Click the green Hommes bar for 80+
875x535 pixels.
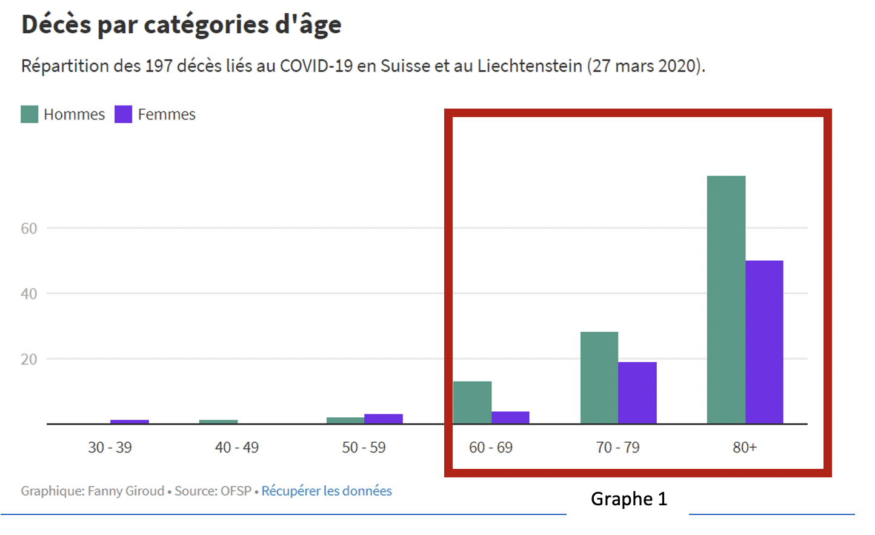click(726, 300)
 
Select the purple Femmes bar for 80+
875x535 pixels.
click(764, 342)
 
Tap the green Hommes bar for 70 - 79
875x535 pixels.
click(599, 377)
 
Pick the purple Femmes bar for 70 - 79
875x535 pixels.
click(637, 392)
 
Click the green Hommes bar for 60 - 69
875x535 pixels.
click(472, 402)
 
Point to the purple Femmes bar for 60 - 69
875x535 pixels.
click(510, 417)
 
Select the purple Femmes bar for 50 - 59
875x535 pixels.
click(383, 419)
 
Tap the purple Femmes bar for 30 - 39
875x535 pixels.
click(129, 422)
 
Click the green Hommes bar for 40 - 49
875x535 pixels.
click(218, 422)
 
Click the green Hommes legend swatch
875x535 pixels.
click(29, 114)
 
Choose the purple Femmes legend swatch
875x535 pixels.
click(123, 114)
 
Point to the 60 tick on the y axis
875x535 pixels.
click(29, 229)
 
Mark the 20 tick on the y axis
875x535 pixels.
click(29, 359)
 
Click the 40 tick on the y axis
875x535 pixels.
click(29, 294)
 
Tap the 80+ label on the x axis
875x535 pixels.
click(745, 448)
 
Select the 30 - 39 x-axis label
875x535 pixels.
click(110, 448)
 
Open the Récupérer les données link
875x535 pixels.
click(327, 491)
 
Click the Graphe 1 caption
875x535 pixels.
click(628, 499)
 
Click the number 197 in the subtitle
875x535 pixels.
click(158, 66)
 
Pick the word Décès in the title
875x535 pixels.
click(56, 25)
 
